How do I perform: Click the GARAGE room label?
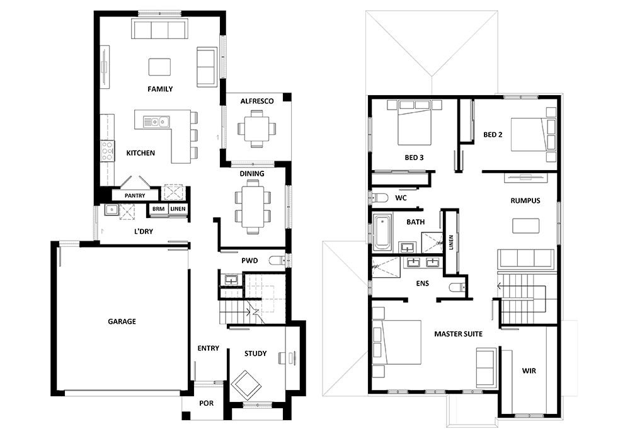(122, 321)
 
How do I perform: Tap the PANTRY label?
(135, 195)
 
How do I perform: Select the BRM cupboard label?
(158, 209)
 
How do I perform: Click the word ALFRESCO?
(257, 101)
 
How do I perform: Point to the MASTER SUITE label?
(459, 334)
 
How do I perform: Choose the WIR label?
(529, 370)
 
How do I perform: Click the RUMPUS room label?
(525, 200)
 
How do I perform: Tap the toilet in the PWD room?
(277, 261)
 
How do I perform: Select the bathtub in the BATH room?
(382, 232)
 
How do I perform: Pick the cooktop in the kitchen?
(107, 151)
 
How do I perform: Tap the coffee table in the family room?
(159, 67)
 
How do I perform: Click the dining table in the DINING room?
(253, 206)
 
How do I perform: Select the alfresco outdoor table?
(257, 129)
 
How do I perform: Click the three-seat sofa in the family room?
(160, 30)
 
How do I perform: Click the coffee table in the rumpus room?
(525, 226)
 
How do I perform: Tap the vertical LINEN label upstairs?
(451, 243)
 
